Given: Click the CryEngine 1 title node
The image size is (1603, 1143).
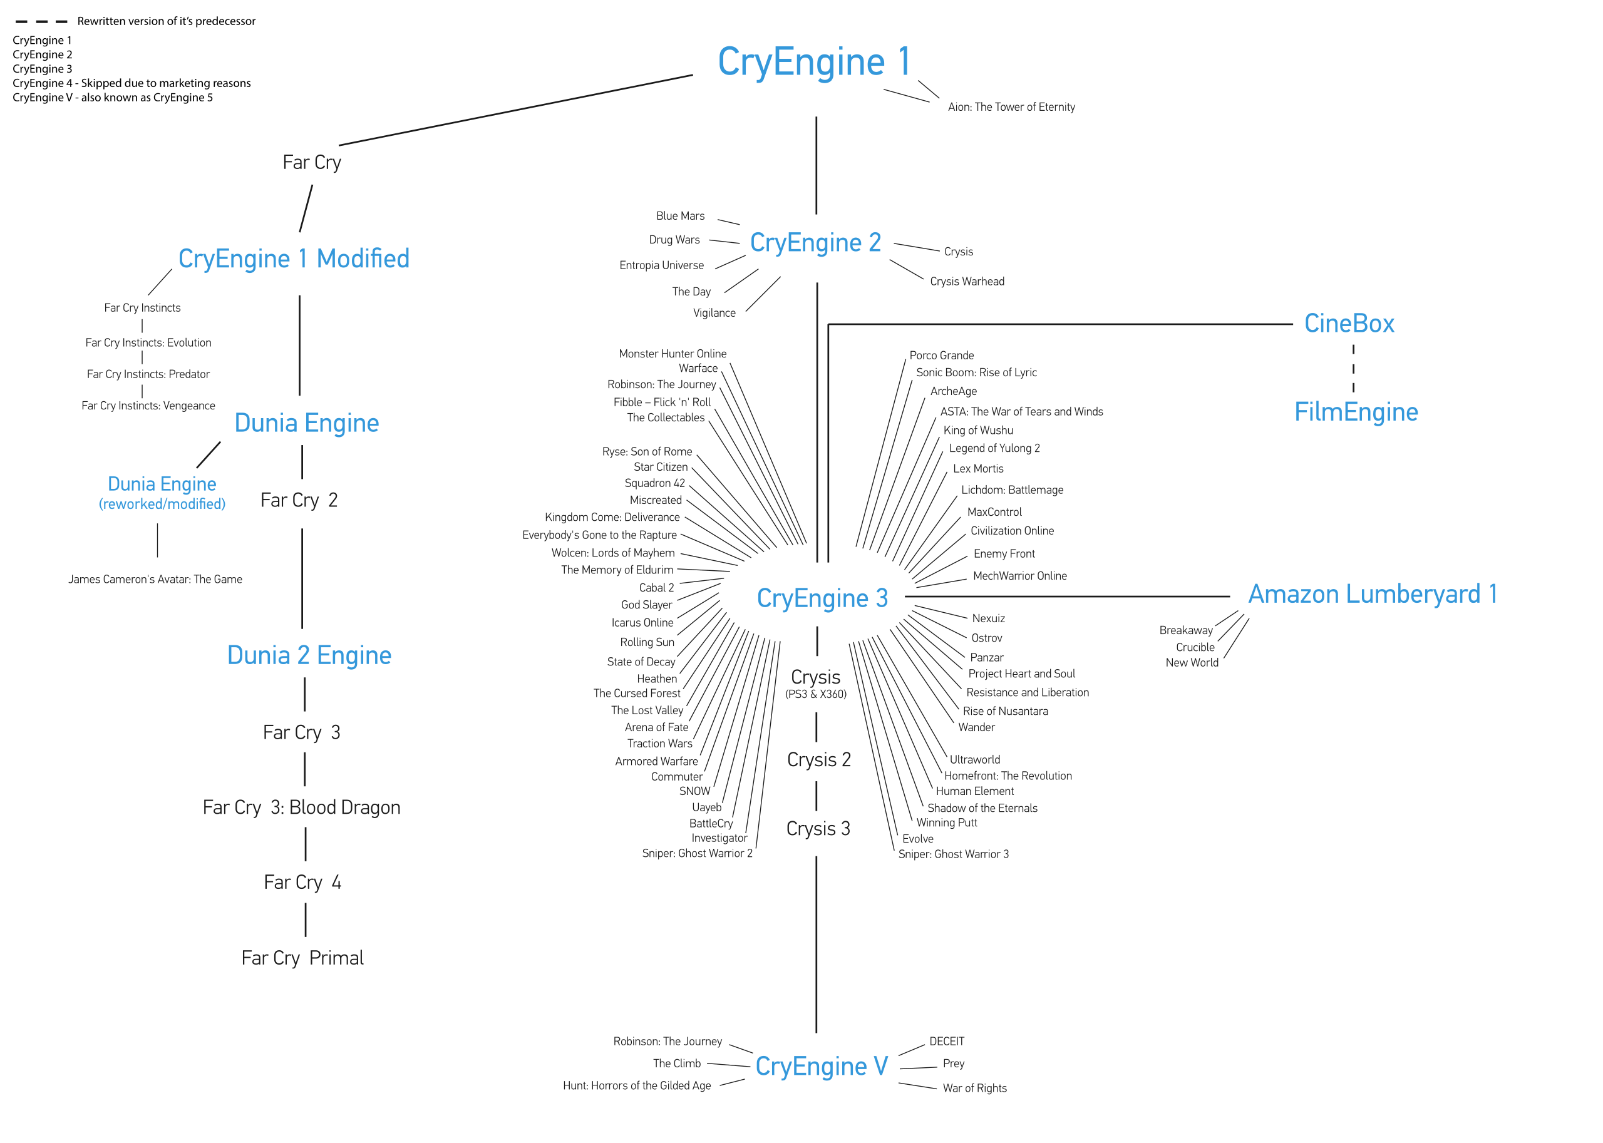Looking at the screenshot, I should click(x=814, y=62).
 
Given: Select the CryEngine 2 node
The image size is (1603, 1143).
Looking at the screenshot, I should click(x=815, y=243).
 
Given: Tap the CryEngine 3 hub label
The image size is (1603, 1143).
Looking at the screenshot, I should click(x=822, y=598).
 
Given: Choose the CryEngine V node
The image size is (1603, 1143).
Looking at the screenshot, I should click(x=821, y=1066).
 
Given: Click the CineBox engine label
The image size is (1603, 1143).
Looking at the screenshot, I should click(x=1349, y=324).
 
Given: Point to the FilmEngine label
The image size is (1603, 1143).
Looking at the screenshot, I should click(x=1356, y=413).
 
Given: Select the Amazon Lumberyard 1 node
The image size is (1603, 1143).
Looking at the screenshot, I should click(x=1372, y=595).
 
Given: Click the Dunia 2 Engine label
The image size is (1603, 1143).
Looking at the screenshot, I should click(x=309, y=656).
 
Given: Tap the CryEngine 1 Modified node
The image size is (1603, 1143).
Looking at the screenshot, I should click(x=294, y=259).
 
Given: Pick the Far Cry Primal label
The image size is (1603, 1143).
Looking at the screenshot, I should click(x=302, y=958).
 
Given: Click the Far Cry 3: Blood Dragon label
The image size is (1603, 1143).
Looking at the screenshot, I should click(x=301, y=807).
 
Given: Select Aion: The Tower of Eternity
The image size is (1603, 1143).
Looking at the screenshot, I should click(x=1011, y=107).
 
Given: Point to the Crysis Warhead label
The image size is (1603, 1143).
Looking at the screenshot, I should click(x=967, y=282).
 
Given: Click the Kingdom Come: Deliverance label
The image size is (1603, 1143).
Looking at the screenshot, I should click(x=612, y=517).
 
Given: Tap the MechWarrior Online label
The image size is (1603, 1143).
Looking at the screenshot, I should click(x=1019, y=576).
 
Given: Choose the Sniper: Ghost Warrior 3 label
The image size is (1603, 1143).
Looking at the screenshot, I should click(x=953, y=854).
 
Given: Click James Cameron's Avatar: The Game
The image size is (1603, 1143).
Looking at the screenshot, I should click(x=155, y=579).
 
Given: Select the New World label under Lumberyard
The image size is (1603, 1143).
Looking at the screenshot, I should click(x=1191, y=662).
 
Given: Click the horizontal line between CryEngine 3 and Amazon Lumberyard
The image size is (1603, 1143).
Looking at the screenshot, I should click(x=1066, y=596).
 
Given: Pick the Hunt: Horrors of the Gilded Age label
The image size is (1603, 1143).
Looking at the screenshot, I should click(x=636, y=1086).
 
